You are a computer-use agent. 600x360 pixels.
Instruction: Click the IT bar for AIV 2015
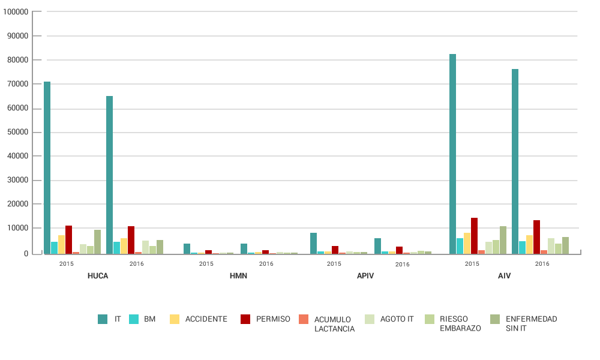[452, 154]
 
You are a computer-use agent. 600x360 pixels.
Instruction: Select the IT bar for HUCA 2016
[109, 175]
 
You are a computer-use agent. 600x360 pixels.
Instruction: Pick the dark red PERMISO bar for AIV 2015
[474, 236]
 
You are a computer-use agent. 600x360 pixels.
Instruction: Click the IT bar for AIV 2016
[515, 161]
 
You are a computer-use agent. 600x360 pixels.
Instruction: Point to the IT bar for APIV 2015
[313, 243]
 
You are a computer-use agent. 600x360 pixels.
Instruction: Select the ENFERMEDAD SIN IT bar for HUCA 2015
[97, 242]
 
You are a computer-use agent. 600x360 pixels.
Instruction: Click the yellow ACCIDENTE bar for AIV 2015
[467, 243]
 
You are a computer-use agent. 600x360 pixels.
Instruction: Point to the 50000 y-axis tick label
[17, 132]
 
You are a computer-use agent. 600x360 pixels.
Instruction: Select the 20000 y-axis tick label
[17, 204]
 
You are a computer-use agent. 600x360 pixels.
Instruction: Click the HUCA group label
[98, 276]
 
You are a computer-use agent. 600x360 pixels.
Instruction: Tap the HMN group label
[238, 276]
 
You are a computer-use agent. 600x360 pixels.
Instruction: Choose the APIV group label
[365, 276]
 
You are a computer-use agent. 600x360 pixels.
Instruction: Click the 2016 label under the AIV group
[542, 264]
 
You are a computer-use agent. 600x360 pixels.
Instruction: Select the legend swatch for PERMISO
[245, 319]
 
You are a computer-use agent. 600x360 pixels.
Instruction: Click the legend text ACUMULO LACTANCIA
[334, 323]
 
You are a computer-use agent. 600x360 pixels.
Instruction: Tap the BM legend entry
[149, 319]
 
